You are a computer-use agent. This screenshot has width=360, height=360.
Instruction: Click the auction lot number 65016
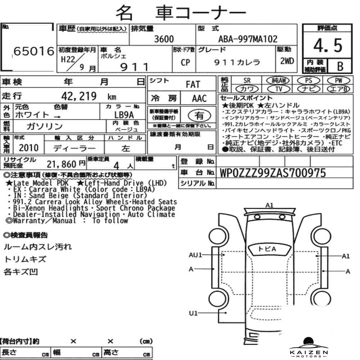[34, 51]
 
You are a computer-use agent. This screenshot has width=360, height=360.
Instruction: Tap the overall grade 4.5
[328, 45]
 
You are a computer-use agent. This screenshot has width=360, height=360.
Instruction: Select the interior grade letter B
[340, 66]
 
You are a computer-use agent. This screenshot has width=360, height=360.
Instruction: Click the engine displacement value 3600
[164, 39]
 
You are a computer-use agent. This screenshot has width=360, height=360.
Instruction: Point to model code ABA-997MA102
[248, 39]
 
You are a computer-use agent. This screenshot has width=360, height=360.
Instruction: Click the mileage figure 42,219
[79, 96]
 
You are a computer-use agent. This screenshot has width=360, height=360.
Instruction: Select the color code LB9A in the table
[124, 115]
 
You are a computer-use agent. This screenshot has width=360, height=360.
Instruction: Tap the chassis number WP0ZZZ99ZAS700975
[273, 173]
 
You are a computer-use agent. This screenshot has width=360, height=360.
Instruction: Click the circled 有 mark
[199, 116]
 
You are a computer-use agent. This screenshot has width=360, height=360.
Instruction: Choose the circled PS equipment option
[309, 81]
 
